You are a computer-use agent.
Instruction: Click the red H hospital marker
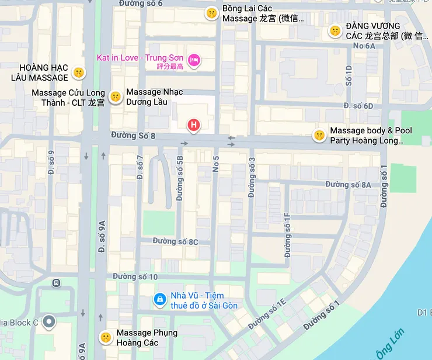(x=193, y=124)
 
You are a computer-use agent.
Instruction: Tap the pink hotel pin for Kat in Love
(x=194, y=59)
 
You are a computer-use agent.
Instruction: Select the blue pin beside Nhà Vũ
(x=159, y=299)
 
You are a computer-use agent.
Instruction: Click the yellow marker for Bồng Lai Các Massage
(x=211, y=13)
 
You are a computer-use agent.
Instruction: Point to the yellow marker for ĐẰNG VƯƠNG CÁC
(x=335, y=30)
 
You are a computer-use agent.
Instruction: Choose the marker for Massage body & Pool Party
(x=319, y=136)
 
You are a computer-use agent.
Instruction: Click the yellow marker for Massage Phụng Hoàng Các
(x=105, y=337)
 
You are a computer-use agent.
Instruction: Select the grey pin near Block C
(x=50, y=321)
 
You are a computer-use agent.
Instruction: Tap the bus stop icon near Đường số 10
(x=56, y=283)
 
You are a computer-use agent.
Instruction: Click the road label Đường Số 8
(x=133, y=136)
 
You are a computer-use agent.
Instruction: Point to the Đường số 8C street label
(x=175, y=241)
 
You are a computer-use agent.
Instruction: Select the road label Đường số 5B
(x=180, y=178)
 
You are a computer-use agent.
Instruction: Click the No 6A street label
(x=364, y=46)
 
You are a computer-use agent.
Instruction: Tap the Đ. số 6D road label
(x=358, y=106)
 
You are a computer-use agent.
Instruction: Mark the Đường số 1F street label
(x=287, y=235)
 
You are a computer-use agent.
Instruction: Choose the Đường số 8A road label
(x=348, y=185)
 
